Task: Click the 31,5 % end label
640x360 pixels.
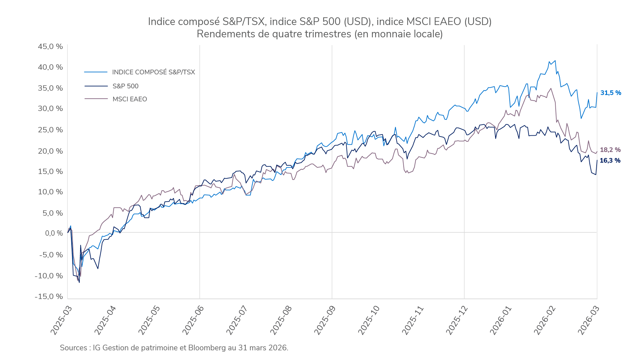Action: [611, 93]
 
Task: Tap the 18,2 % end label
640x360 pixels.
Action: [610, 150]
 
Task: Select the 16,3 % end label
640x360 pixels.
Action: [610, 161]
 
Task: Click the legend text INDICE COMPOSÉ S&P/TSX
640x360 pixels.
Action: [153, 72]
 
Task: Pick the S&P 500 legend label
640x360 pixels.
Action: [125, 86]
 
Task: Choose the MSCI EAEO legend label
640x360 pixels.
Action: [130, 99]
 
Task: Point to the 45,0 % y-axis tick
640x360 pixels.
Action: [50, 47]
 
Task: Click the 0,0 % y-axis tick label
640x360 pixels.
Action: [54, 233]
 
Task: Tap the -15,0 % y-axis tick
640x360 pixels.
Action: [49, 297]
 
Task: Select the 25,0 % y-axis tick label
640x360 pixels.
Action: [50, 130]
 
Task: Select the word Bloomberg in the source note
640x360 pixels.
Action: [207, 348]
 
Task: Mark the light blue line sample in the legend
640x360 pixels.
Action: [96, 72]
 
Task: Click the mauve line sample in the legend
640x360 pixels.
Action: [96, 99]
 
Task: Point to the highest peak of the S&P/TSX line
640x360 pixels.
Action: [555, 61]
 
